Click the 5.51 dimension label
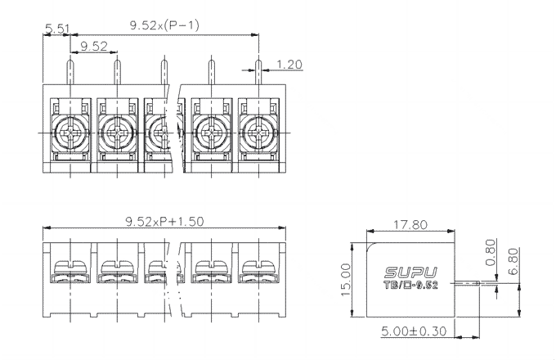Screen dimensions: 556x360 [58, 29]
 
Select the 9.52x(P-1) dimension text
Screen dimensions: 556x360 [164, 25]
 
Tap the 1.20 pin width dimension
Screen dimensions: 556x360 [289, 64]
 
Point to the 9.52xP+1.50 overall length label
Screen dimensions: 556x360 [165, 222]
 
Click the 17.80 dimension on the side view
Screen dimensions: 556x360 [410, 224]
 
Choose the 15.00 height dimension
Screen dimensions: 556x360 [346, 280]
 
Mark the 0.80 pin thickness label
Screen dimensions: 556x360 [491, 253]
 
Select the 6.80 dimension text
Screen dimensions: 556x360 [513, 261]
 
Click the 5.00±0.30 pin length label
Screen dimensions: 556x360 [414, 331]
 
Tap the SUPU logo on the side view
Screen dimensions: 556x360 [410, 272]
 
